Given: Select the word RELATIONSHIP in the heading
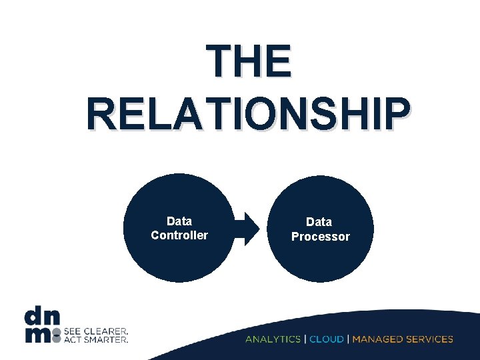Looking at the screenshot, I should tap(247, 114).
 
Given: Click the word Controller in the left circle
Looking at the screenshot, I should tap(179, 235).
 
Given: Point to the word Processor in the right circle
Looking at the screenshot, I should tap(320, 237).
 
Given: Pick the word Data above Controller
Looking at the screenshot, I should tap(179, 221).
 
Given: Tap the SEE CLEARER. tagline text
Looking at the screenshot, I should tap(96, 331).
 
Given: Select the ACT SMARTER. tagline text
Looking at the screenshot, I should tap(96, 339).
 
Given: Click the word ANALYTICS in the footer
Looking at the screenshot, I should tap(273, 339).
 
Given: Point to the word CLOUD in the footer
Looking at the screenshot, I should tap(327, 339).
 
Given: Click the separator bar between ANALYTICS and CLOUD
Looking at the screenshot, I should tap(305, 339).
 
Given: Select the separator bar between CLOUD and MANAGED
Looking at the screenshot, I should tap(349, 339).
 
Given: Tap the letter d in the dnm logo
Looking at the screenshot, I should tap(33, 315).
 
